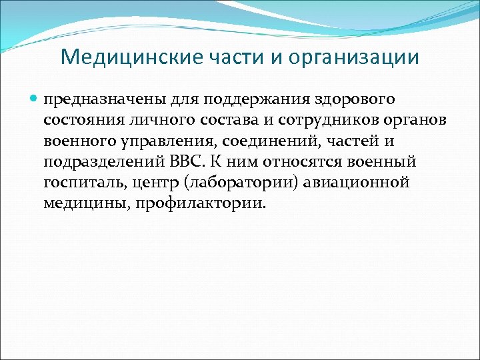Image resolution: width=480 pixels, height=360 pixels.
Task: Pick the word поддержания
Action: click(235, 100)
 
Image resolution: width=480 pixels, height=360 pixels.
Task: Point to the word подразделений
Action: click(101, 162)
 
